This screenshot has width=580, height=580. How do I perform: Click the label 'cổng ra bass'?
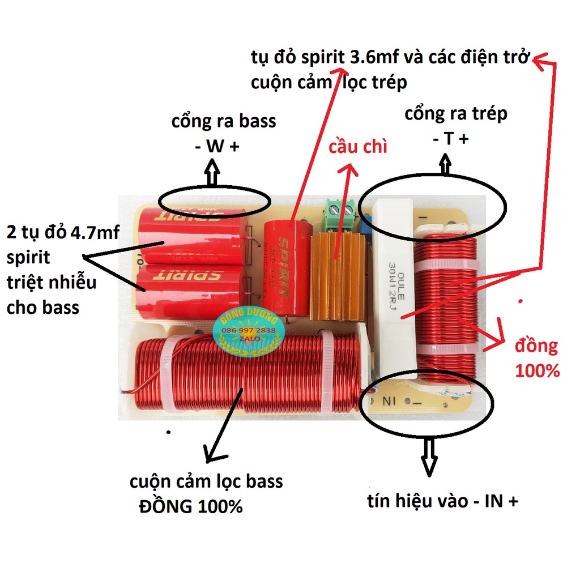[224, 121]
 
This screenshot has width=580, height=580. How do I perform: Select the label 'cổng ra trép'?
[455, 113]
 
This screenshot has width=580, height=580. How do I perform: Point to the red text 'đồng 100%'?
[536, 358]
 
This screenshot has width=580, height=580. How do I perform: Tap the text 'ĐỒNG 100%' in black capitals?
[191, 506]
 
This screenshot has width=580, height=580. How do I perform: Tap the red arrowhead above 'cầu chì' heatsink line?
[349, 169]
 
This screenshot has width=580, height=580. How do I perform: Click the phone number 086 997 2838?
[249, 330]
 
